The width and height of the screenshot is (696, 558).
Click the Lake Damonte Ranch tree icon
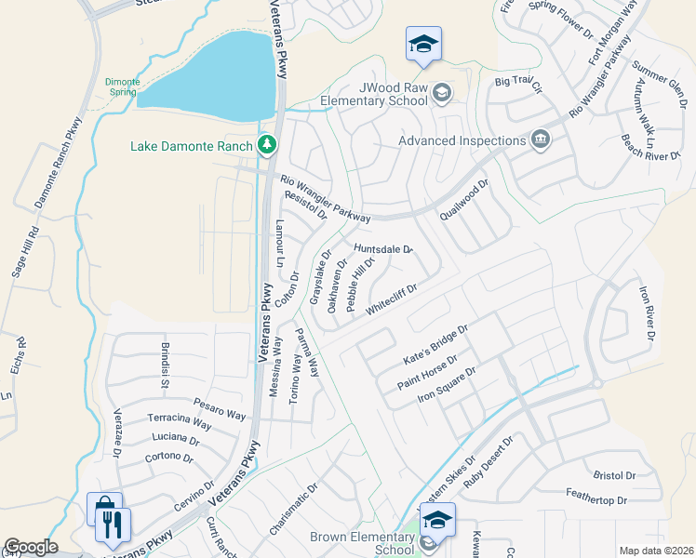click(268, 144)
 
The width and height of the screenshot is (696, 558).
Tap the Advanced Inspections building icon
click(539, 140)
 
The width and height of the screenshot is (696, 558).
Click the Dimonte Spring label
click(122, 87)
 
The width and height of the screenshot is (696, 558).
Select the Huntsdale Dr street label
click(383, 249)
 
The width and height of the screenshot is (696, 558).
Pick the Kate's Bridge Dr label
click(434, 344)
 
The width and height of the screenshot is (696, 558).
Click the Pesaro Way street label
click(218, 405)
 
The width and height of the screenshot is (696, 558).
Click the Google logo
click(31, 547)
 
